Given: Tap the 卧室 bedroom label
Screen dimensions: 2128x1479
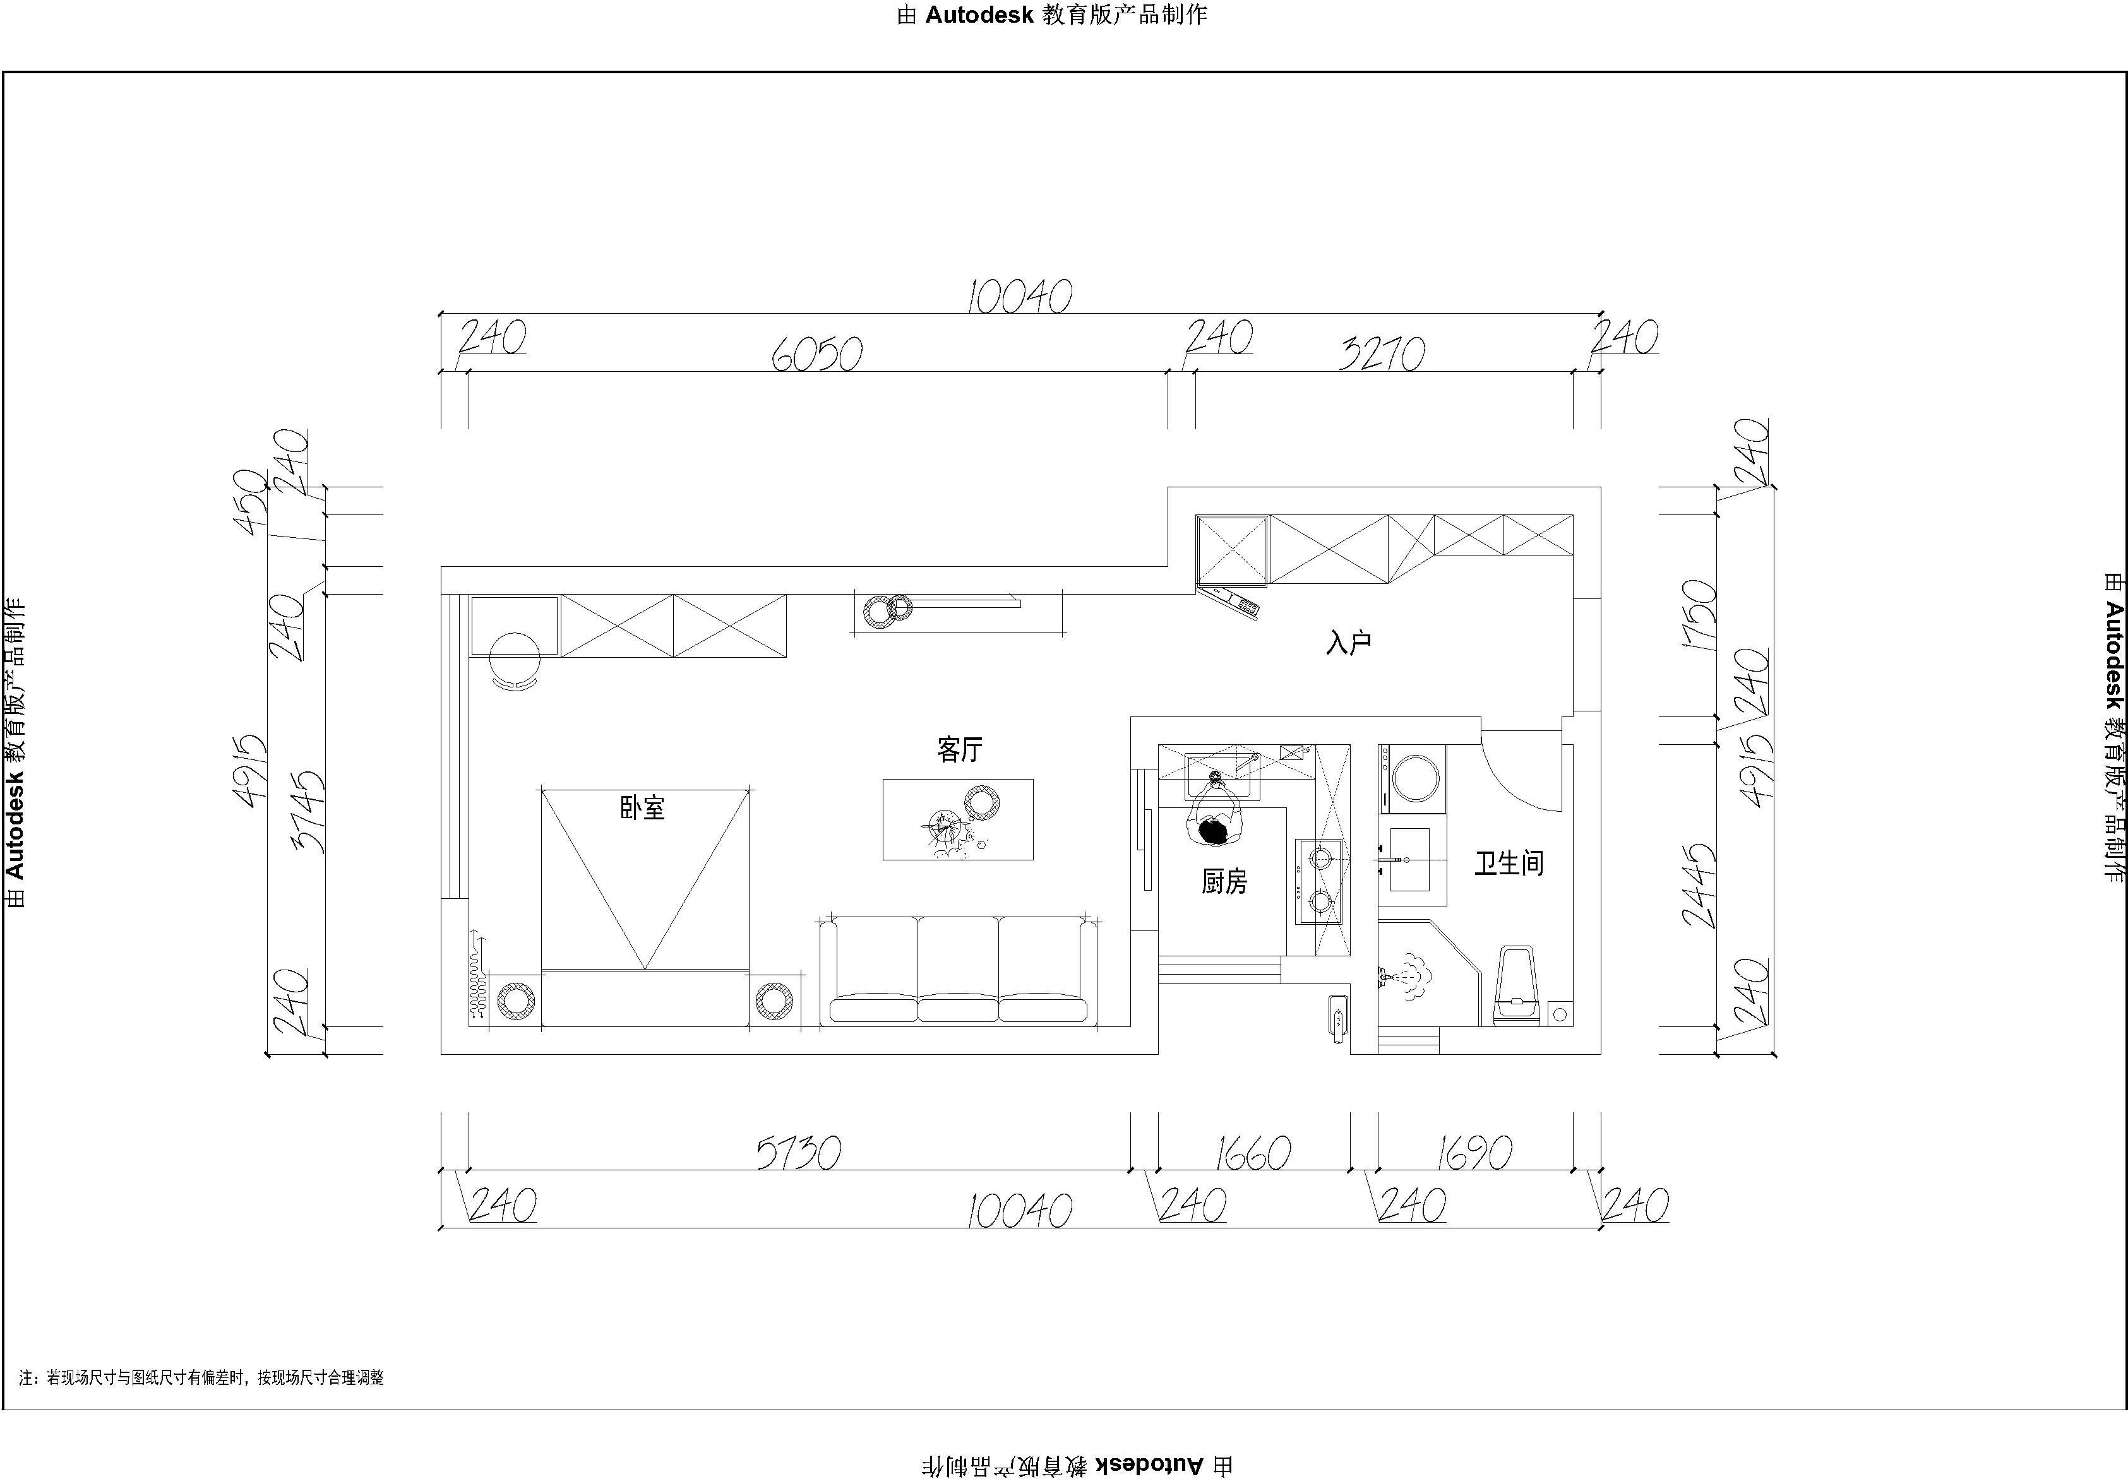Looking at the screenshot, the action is [642, 807].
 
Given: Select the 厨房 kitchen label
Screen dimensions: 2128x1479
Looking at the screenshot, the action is [1224, 881].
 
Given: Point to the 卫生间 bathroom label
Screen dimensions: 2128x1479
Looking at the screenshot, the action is [1509, 863].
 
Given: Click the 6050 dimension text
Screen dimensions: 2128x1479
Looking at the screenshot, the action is [818, 353].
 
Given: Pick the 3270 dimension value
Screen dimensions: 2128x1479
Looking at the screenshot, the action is [1382, 353].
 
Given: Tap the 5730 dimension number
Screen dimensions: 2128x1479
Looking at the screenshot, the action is [799, 1153].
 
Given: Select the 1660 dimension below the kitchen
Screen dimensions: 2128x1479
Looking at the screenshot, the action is [1253, 1153].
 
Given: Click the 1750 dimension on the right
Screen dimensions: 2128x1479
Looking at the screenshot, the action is [1699, 614].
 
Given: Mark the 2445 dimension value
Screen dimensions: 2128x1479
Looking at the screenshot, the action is [1699, 885].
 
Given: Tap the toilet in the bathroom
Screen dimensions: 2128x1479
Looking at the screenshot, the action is [1518, 986].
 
